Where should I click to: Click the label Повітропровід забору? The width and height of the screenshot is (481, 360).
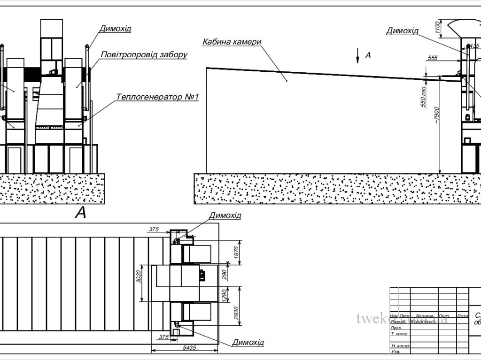click(144, 55)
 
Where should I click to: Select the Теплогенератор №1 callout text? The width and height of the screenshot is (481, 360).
click(158, 97)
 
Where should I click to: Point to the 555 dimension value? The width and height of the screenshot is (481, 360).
click(433, 57)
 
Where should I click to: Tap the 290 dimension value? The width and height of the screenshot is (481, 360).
click(225, 275)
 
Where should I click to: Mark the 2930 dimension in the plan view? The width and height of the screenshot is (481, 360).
click(236, 315)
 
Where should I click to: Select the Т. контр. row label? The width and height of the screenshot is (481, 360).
click(399, 334)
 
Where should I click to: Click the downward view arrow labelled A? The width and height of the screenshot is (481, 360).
click(358, 55)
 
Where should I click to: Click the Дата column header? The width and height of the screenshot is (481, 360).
click(462, 316)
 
